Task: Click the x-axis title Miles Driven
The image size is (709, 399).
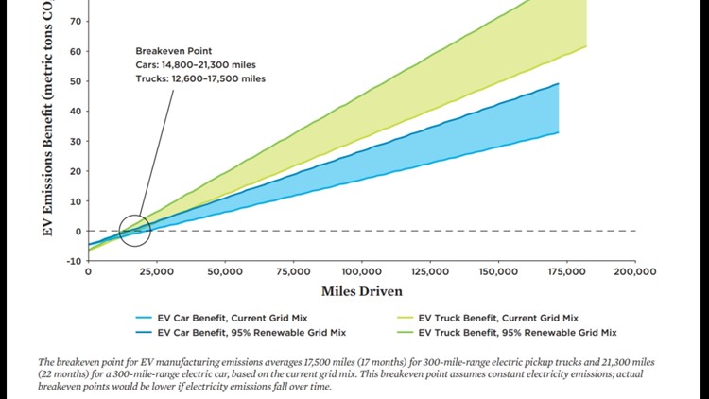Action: click(362, 291)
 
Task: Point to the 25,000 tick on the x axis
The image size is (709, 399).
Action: click(155, 272)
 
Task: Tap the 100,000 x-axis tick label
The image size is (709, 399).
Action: click(362, 272)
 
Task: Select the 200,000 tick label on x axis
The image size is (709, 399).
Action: click(634, 272)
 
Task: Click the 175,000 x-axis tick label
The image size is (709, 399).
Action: click(566, 272)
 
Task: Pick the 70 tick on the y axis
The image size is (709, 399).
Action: click(76, 21)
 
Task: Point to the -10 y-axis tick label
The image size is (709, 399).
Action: click(73, 261)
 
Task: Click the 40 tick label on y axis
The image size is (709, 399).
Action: click(76, 111)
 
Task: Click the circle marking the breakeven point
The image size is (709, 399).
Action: click(135, 230)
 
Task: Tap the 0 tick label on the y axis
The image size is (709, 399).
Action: click(78, 231)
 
